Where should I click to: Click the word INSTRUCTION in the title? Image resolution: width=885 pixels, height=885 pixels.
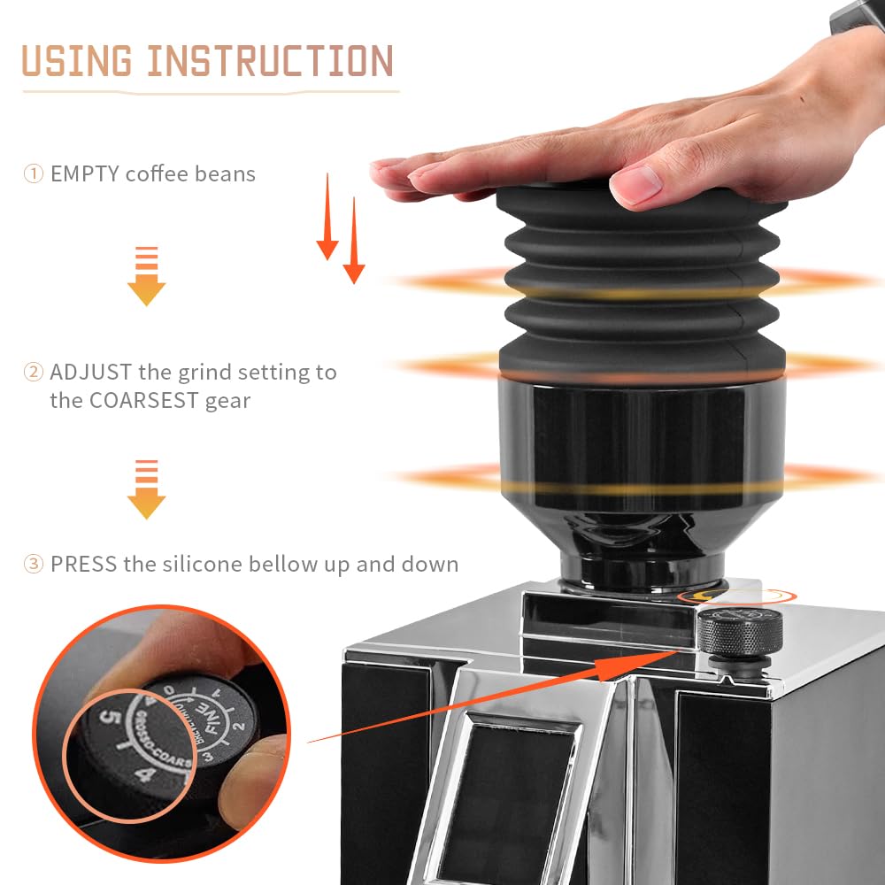[x=270, y=62]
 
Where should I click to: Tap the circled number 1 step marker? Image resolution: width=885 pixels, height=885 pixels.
[x=33, y=173]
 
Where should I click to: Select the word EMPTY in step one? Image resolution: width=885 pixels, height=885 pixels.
[x=85, y=173]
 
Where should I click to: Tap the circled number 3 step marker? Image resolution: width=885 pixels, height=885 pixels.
[x=33, y=564]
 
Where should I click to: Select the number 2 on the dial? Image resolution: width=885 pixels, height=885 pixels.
[x=237, y=728]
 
